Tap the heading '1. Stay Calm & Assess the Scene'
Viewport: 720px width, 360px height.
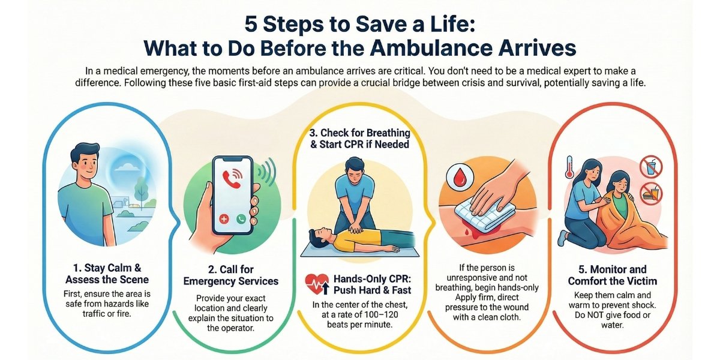(x=107, y=274)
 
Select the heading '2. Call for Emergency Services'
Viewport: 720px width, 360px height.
(x=231, y=275)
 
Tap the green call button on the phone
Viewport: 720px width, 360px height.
(x=241, y=219)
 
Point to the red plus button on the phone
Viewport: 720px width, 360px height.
(x=224, y=219)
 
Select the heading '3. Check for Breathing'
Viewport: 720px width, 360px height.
(x=359, y=133)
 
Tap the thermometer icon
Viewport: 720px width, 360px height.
(x=569, y=167)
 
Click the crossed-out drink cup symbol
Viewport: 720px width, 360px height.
(x=650, y=167)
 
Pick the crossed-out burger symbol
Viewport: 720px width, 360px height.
(x=651, y=193)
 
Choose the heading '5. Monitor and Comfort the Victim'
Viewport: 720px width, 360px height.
(x=613, y=275)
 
